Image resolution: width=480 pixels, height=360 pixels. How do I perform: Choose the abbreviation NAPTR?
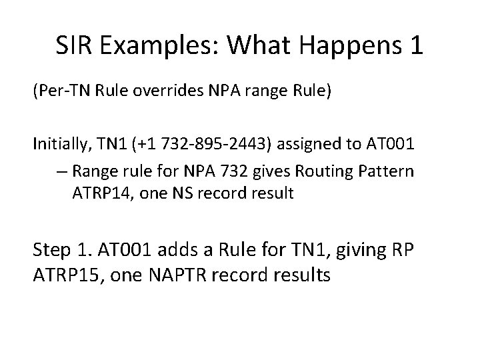click(x=176, y=275)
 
